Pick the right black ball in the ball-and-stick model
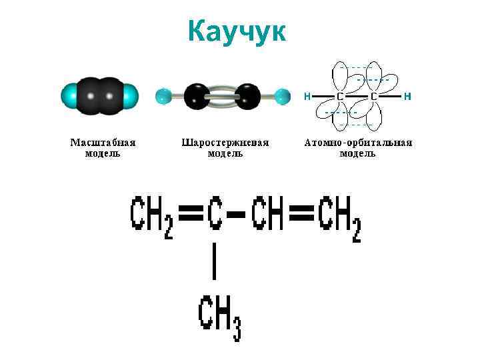(247, 96)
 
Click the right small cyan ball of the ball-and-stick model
(282, 96)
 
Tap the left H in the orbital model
(307, 96)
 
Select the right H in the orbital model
(407, 96)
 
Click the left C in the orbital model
(340, 97)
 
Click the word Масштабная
(103, 143)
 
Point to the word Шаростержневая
(225, 143)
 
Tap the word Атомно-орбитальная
(358, 143)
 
